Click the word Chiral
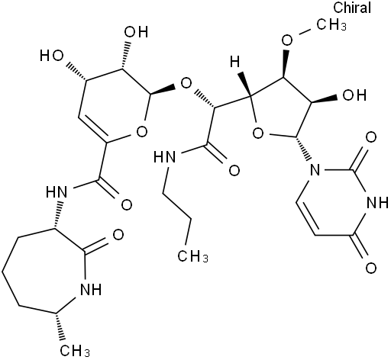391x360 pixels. pyautogui.click(x=352, y=8)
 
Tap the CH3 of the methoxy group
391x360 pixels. pyautogui.click(x=331, y=25)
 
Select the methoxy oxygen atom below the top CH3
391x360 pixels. pyautogui.click(x=287, y=40)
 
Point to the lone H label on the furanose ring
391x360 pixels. pyautogui.click(x=235, y=62)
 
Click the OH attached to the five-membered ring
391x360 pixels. pyautogui.click(x=354, y=95)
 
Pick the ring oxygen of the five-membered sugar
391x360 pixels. pyautogui.click(x=258, y=133)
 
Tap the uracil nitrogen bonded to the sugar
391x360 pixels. pyautogui.click(x=315, y=169)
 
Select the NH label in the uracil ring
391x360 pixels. pyautogui.click(x=376, y=202)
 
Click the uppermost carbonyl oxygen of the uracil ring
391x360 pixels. pyautogui.click(x=371, y=137)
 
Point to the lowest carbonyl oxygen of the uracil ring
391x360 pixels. pyautogui.click(x=371, y=268)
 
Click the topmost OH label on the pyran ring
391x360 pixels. pyautogui.click(x=136, y=32)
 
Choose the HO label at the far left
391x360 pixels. pyautogui.click(x=51, y=56)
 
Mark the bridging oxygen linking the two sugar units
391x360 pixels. pyautogui.click(x=186, y=83)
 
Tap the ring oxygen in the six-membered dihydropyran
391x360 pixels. pyautogui.click(x=141, y=132)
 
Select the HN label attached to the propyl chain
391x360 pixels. pyautogui.click(x=165, y=157)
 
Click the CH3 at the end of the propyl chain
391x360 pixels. pyautogui.click(x=192, y=257)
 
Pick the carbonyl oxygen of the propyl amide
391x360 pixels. pyautogui.click(x=234, y=170)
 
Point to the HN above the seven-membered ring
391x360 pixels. pyautogui.click(x=57, y=192)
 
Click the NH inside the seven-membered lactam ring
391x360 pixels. pyautogui.click(x=91, y=289)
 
